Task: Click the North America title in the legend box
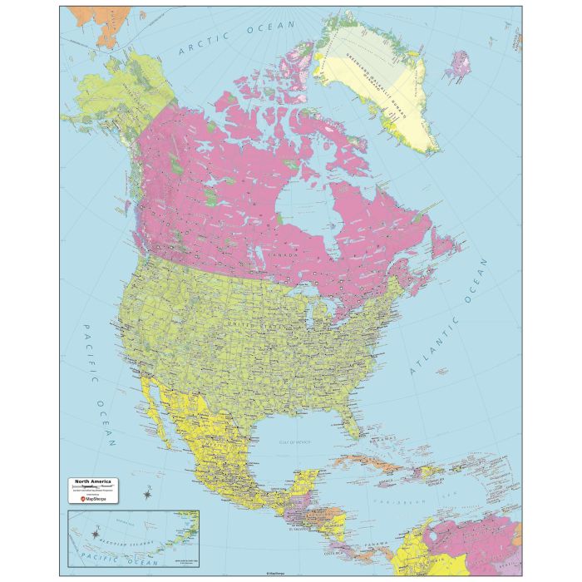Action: tap(93, 481)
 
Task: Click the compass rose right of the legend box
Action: tap(148, 495)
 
